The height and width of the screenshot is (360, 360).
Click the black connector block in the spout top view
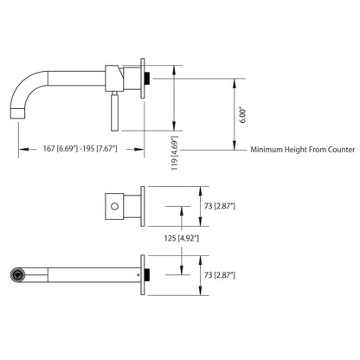point(149,273)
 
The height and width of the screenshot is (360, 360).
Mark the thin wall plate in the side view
point(142,77)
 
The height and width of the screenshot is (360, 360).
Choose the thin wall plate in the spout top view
point(140,273)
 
